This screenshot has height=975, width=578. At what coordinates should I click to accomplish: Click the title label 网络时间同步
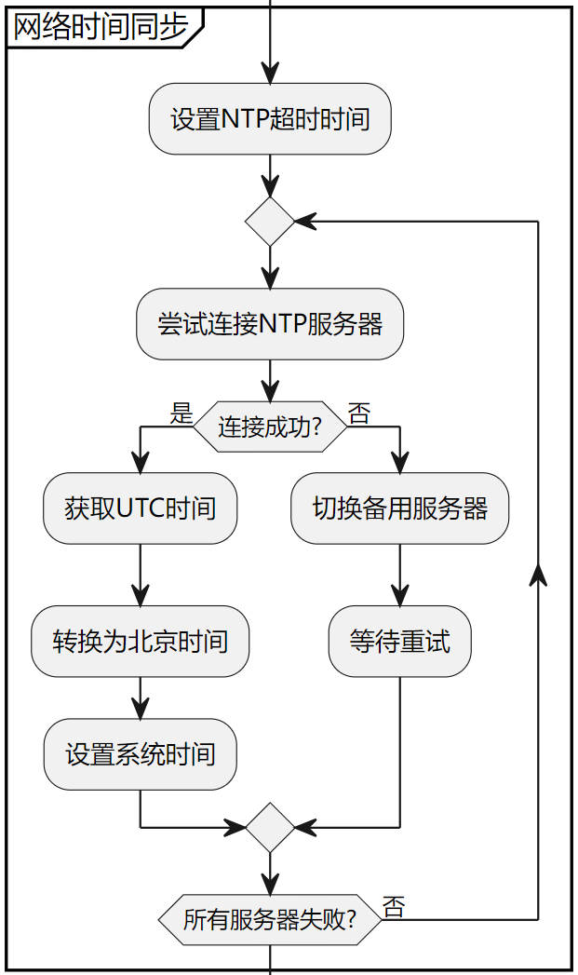(101, 27)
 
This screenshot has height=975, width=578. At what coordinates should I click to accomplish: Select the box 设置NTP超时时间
(270, 119)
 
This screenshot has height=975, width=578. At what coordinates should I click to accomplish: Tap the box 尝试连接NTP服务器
(270, 324)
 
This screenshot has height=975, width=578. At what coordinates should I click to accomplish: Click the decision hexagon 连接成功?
(270, 427)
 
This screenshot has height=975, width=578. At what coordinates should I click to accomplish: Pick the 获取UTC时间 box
(140, 508)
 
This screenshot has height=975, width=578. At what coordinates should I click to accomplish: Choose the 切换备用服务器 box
(399, 508)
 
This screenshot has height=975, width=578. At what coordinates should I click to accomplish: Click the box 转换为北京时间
(140, 641)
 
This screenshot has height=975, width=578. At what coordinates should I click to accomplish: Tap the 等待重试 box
(399, 641)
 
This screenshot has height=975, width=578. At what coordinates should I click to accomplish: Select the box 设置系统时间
(140, 754)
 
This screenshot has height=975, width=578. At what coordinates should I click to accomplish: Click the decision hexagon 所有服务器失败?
(270, 920)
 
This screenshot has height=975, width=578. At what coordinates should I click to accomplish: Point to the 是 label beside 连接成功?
(181, 413)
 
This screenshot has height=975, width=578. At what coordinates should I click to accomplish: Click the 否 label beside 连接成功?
(359, 413)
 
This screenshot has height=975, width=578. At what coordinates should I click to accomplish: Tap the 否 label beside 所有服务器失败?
(394, 906)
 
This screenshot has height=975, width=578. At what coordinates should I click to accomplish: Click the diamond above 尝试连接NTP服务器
(270, 222)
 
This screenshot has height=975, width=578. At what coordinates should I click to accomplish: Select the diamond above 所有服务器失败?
(270, 828)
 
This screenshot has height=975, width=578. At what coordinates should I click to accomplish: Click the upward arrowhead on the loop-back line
(538, 575)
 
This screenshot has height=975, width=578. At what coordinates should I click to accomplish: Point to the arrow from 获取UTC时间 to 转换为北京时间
(141, 576)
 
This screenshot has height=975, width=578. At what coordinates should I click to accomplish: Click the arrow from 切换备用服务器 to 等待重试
(399, 576)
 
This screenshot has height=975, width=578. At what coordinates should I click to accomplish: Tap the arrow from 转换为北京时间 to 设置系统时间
(141, 698)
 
